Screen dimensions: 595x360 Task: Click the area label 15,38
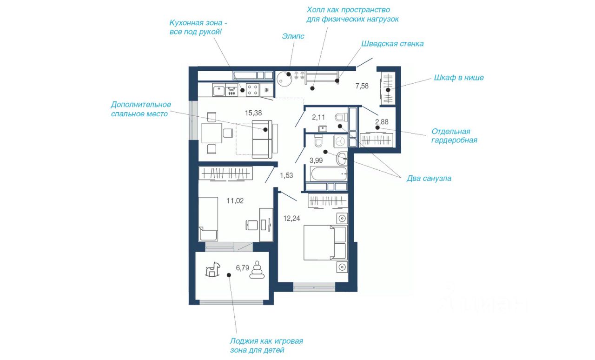[253, 113]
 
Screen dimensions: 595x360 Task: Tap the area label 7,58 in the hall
[362, 86]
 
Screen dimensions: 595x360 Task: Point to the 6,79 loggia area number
[243, 268]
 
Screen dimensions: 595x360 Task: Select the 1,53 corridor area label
[286, 175]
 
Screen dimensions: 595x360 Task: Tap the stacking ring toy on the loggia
[257, 270]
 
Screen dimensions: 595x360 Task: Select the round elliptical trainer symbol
[284, 79]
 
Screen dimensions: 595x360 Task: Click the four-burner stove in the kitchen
[252, 90]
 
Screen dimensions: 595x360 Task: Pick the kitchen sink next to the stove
[218, 90]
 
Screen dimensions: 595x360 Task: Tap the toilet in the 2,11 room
[341, 117]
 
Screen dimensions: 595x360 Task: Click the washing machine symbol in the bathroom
[340, 141]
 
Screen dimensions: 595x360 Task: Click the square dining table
[212, 133]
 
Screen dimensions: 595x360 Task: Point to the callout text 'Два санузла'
[429, 179]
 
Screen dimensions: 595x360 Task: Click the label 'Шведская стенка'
[392, 44]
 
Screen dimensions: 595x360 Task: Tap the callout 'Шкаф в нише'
[459, 78]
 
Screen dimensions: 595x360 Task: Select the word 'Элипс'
[293, 36]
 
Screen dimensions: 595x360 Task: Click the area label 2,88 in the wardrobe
[382, 122]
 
